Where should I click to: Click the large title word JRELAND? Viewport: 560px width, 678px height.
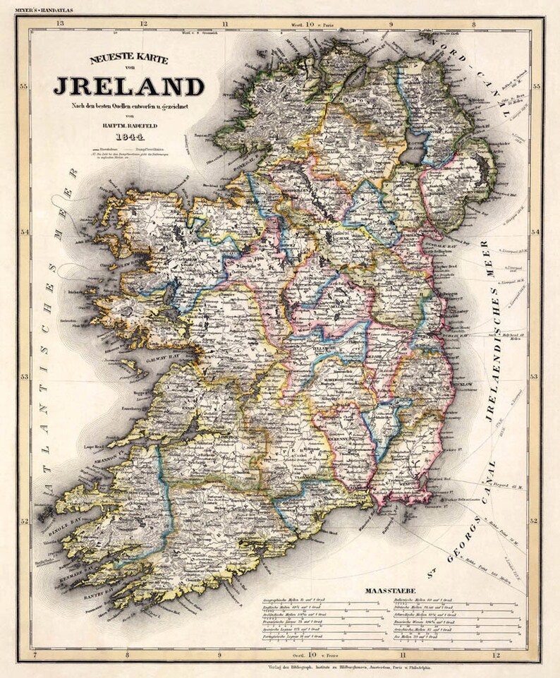[129, 86]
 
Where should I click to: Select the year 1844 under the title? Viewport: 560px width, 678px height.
[129, 138]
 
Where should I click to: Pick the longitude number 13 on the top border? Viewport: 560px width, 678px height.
[61, 24]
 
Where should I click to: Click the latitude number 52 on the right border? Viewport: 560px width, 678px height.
[535, 521]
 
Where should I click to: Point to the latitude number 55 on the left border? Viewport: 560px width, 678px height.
[24, 87]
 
